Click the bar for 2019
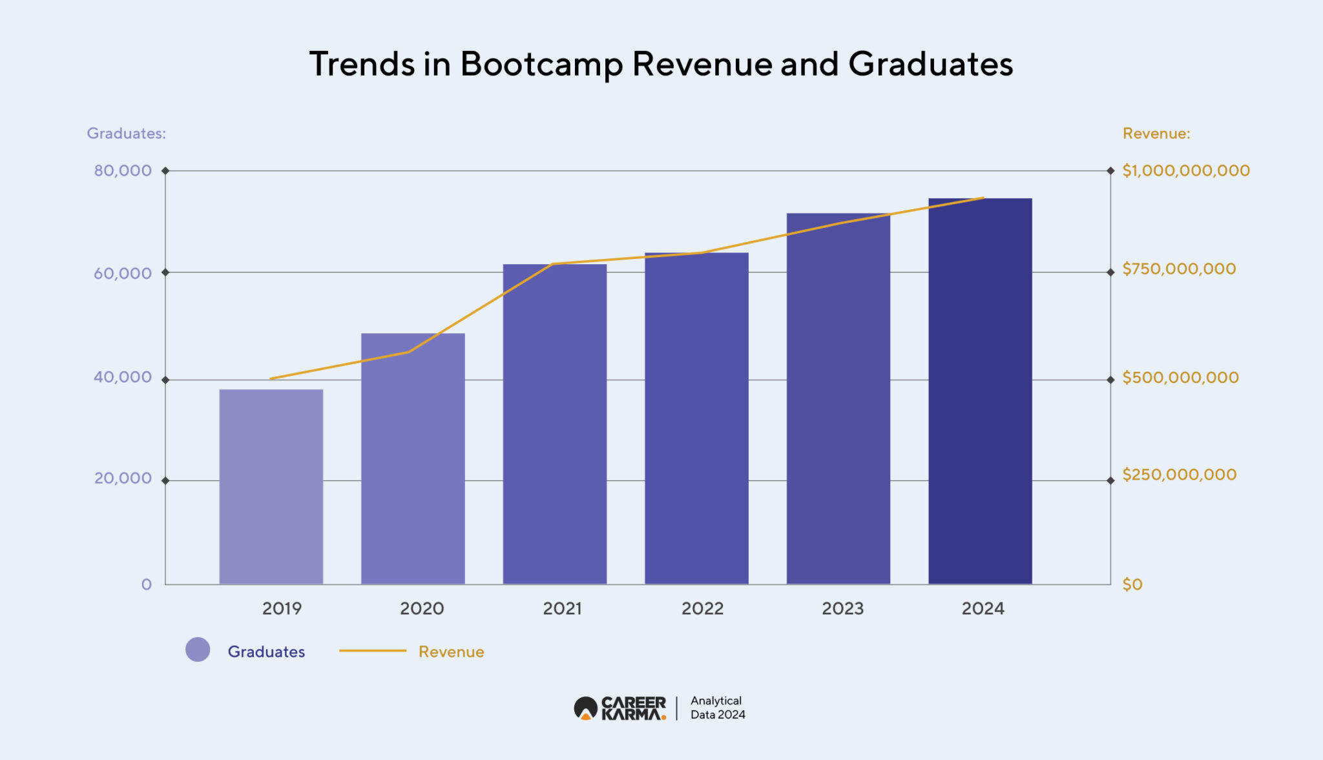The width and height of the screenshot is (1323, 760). [271, 487]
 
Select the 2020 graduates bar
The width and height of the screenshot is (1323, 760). [413, 458]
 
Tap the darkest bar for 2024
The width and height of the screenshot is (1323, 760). [980, 391]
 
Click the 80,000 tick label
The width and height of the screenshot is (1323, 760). [123, 170]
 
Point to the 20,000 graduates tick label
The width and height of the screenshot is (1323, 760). [123, 478]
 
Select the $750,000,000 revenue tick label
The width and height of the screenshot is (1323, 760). [1179, 269]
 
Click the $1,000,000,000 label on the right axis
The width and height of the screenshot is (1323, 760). [1186, 170]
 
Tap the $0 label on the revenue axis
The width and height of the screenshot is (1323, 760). [1132, 584]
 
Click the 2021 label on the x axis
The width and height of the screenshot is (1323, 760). [562, 608]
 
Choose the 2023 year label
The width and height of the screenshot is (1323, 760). [842, 608]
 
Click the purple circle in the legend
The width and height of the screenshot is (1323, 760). [198, 650]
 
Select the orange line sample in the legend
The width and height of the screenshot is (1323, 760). [373, 651]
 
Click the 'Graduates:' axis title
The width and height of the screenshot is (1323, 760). [127, 134]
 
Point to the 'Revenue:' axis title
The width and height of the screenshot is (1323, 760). [1156, 134]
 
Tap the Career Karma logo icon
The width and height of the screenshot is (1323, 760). [585, 708]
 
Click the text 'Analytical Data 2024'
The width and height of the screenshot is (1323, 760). [718, 708]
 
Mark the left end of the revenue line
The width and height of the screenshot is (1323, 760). [271, 378]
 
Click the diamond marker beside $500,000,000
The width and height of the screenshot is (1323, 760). [1110, 380]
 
